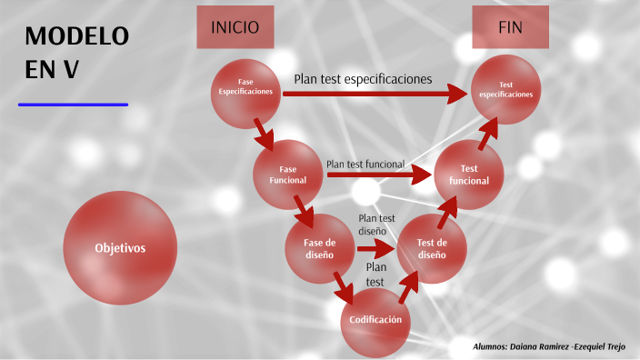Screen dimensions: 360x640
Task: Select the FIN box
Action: tap(510, 27)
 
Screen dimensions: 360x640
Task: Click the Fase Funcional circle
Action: tap(288, 175)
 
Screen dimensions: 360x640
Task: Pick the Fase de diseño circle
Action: tap(320, 248)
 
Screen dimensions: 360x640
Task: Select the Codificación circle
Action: tap(375, 320)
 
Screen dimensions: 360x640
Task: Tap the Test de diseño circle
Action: tap(432, 248)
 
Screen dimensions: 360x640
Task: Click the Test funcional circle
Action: tap(469, 175)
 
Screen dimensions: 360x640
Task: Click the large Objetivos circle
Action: tap(120, 248)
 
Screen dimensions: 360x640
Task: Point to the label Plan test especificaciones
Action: tap(363, 78)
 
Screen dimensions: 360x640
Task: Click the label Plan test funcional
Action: tap(365, 164)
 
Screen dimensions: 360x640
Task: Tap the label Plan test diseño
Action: tap(376, 225)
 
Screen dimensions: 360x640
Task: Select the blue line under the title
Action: tap(73, 105)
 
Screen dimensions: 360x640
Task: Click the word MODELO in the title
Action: tap(77, 36)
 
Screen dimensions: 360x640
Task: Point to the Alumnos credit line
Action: tap(551, 346)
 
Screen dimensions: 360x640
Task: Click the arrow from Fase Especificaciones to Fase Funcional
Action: tap(264, 133)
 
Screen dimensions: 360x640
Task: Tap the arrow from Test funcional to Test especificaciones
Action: tap(489, 132)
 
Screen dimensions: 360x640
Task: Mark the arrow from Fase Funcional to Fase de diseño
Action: tap(304, 212)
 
